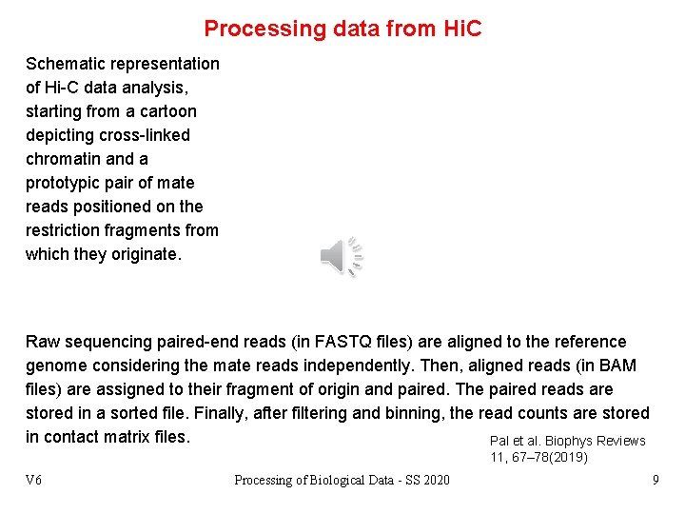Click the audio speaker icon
pos(341,256)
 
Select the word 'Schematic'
pos(67,64)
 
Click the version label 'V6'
pos(33,480)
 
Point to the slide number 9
pos(656,480)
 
